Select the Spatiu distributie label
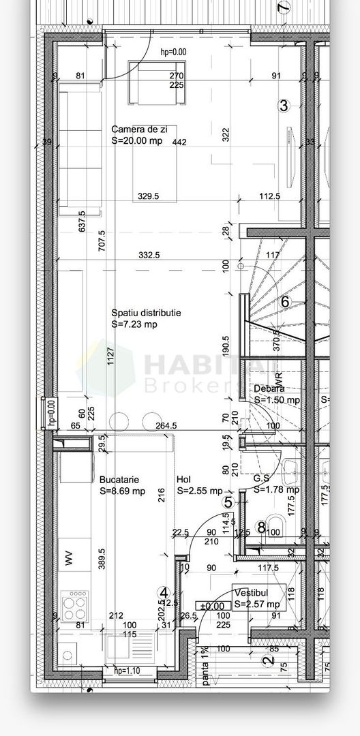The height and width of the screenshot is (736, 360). tap(147, 313)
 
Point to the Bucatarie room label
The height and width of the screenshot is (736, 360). tap(122, 478)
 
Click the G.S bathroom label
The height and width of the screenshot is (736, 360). tap(263, 478)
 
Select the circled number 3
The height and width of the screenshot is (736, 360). tap(284, 106)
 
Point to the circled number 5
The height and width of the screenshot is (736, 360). tap(228, 502)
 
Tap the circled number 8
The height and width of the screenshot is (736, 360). tap(262, 526)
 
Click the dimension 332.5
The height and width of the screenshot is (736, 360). tap(149, 256)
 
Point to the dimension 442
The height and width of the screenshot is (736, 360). tap(179, 142)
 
